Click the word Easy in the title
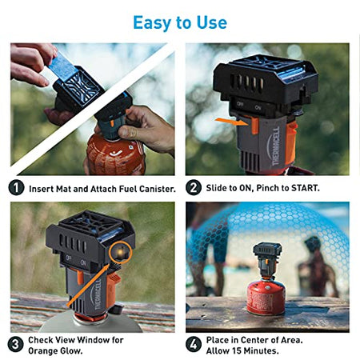(x=153, y=23)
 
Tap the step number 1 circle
(x=16, y=187)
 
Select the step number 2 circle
(x=194, y=187)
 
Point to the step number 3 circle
(x=15, y=344)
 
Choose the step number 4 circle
(x=194, y=344)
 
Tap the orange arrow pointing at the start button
(x=232, y=122)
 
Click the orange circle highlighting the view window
(x=121, y=252)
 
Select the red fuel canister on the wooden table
(x=266, y=297)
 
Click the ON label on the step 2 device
(x=258, y=108)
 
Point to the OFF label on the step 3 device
(x=69, y=258)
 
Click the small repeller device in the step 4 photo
(x=267, y=261)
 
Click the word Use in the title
(x=212, y=22)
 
